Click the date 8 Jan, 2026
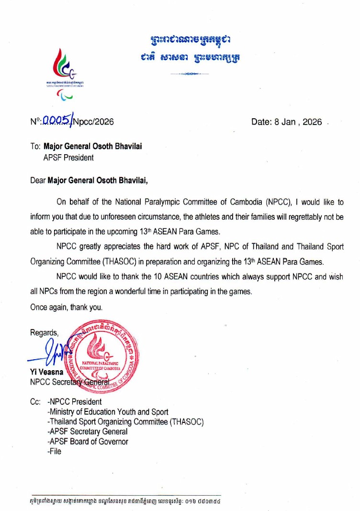tap(287, 122)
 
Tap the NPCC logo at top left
tap(66, 72)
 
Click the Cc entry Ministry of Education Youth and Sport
tap(108, 412)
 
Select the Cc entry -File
tap(55, 451)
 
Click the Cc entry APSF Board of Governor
tap(88, 442)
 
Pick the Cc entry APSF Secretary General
tap(88, 432)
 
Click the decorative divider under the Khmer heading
tap(190, 74)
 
